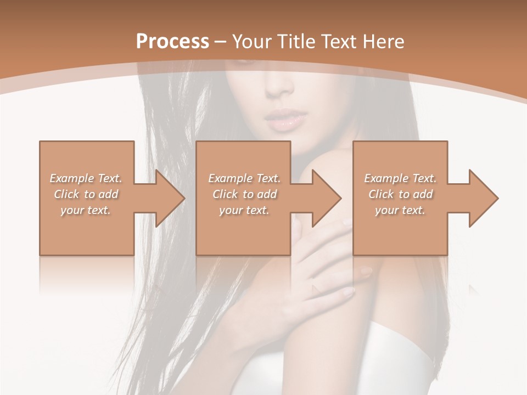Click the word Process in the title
click(172, 42)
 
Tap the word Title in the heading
click(297, 42)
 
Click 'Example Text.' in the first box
click(86, 178)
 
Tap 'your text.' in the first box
click(86, 210)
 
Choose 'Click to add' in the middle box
click(244, 194)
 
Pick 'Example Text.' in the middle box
click(244, 178)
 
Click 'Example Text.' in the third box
click(400, 178)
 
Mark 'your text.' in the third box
click(400, 210)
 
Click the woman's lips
click(285, 120)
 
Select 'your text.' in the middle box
click(244, 210)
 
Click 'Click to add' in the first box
click(86, 194)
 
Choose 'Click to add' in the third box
click(400, 194)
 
